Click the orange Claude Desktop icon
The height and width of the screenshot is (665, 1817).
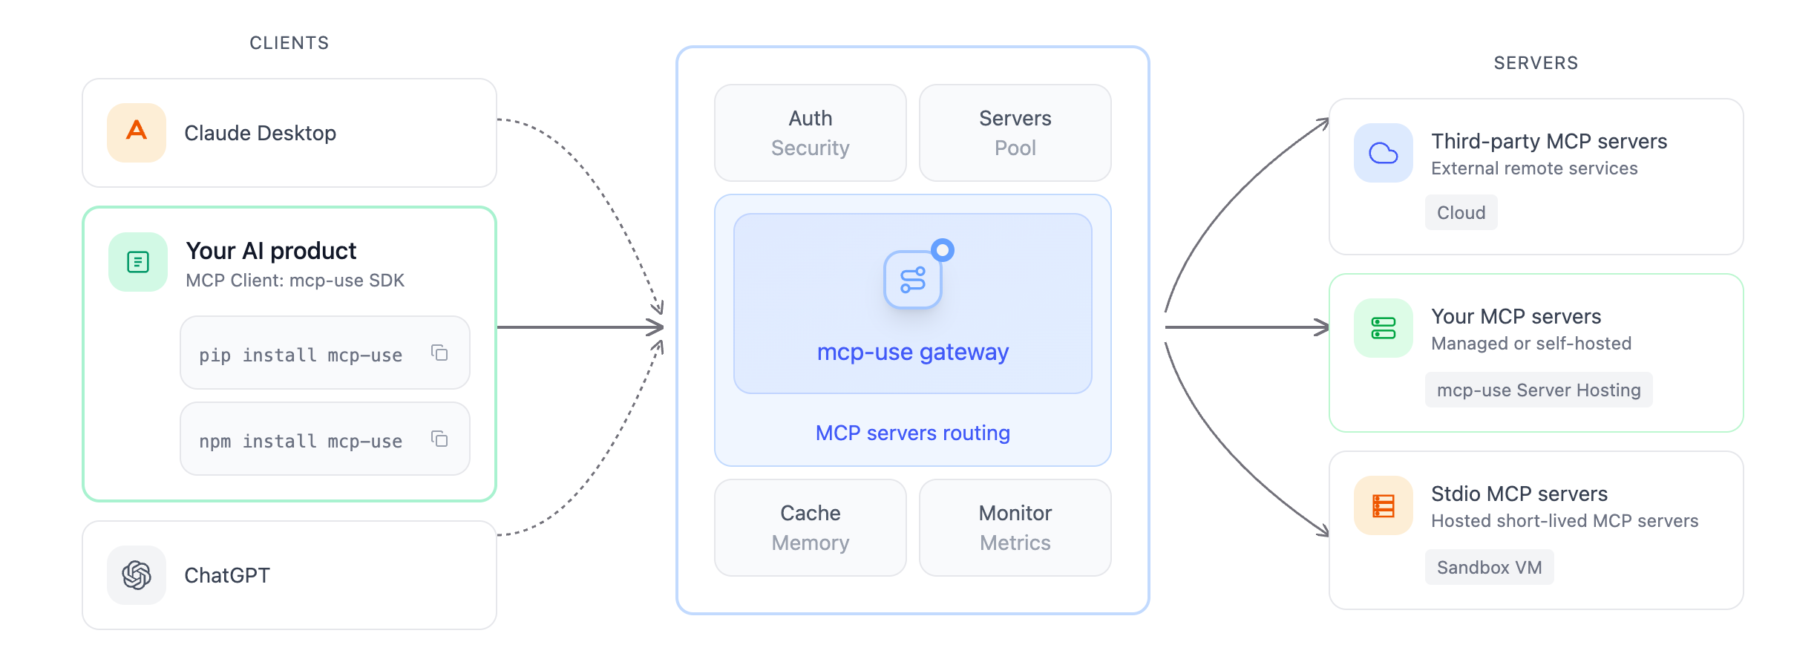point(137,133)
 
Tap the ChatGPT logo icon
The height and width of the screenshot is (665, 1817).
point(137,575)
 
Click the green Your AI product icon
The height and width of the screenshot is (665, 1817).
point(138,262)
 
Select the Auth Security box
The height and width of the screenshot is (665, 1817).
point(810,133)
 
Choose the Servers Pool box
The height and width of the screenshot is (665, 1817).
point(1015,133)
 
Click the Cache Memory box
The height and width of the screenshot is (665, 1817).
point(810,528)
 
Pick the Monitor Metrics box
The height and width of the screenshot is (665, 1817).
point(1015,528)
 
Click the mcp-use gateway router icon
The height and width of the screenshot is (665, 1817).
point(913,280)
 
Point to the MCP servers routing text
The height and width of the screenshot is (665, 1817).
point(912,433)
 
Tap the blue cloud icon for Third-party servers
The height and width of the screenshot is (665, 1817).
point(1383,153)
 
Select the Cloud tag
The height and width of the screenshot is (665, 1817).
point(1461,213)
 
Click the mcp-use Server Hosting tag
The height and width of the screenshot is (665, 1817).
point(1538,390)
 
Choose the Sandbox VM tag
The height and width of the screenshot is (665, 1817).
point(1489,568)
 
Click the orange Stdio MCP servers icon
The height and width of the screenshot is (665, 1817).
point(1383,505)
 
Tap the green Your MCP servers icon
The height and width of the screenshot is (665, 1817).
point(1383,328)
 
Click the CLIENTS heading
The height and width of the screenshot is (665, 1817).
point(289,43)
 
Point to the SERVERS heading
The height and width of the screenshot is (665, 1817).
point(1536,63)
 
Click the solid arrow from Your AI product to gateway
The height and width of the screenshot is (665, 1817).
point(579,327)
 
